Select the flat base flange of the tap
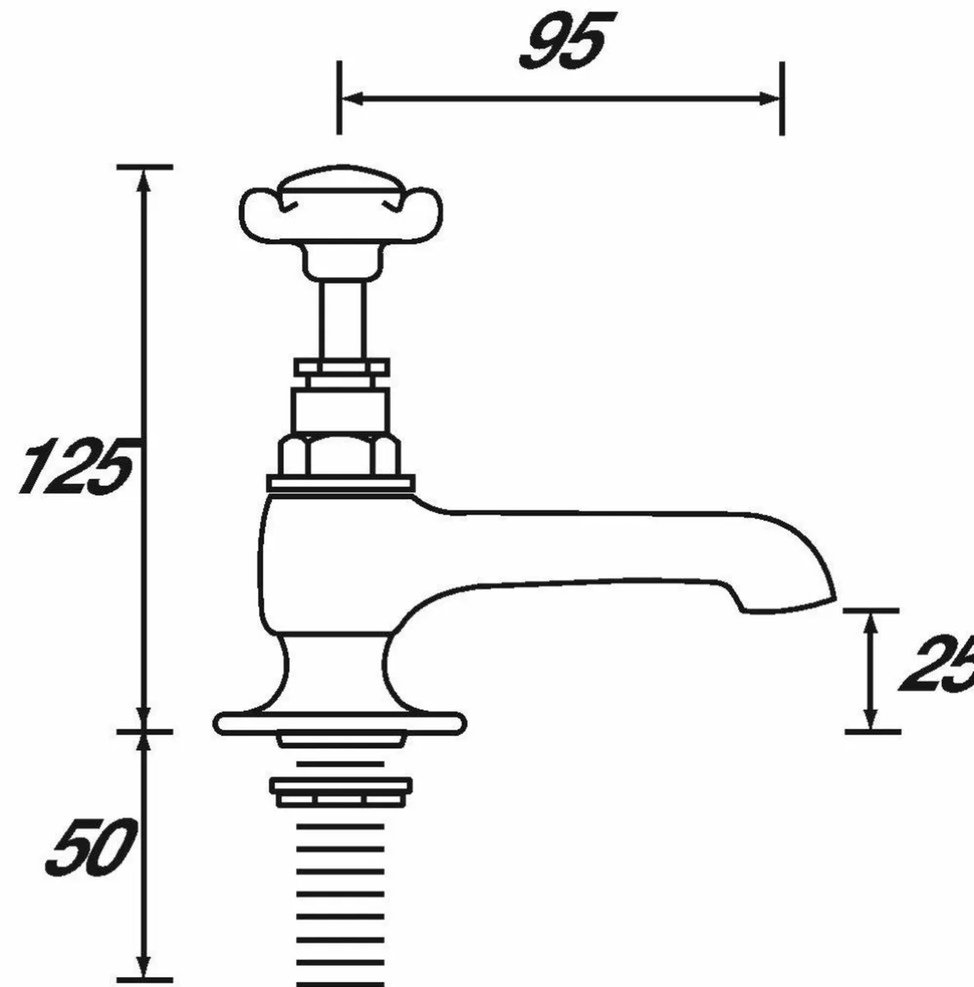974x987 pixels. [339, 723]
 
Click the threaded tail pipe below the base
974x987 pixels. [340, 888]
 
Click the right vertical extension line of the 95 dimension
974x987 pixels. [782, 99]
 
